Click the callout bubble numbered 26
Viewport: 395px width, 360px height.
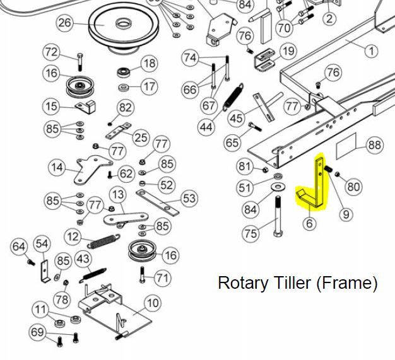coord(65,25)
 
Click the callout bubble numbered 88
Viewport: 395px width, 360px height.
coord(375,146)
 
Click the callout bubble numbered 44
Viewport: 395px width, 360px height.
coord(206,127)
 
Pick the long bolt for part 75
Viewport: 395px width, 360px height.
coord(278,218)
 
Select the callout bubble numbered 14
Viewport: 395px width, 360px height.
coord(57,168)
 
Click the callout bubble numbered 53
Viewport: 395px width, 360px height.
coord(189,199)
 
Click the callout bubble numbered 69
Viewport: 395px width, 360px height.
coord(38,332)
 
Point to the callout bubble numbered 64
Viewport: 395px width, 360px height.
coord(19,245)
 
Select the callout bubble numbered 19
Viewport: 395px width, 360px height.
coord(287,52)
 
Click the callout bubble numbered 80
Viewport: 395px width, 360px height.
coord(353,187)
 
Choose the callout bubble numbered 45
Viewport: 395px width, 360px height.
coord(236,119)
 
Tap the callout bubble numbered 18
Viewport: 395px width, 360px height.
coord(149,63)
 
